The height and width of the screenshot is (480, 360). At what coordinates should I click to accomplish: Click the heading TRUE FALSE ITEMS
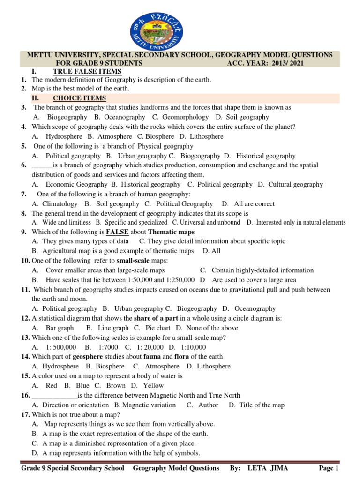pyautogui.click(x=87, y=71)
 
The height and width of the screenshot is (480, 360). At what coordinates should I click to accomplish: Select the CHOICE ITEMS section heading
pyautogui.click(x=79, y=98)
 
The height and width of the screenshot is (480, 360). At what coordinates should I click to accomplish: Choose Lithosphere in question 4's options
pyautogui.click(x=207, y=136)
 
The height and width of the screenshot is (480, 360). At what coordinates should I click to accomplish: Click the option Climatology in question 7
pyautogui.click(x=60, y=204)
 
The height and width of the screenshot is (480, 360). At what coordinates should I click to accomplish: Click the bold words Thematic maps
pyautogui.click(x=171, y=232)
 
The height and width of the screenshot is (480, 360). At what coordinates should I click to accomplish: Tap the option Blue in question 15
pyautogui.click(x=82, y=385)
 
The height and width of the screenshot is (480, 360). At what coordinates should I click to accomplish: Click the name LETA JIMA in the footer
pyautogui.click(x=272, y=468)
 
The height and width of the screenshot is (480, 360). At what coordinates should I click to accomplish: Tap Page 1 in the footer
pyautogui.click(x=329, y=468)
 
